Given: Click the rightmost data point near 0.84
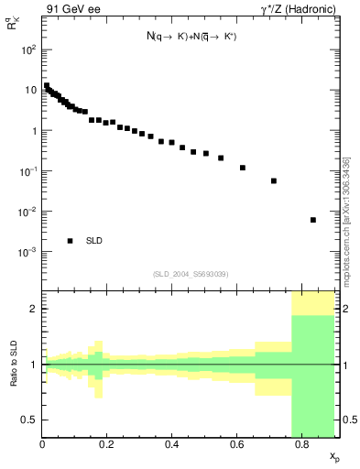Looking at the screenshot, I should click(x=313, y=220).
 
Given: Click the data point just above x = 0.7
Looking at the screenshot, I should click(x=274, y=181).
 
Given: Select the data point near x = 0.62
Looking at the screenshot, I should click(x=243, y=168).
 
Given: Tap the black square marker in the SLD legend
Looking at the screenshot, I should click(x=71, y=241).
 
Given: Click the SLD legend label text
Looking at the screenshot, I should click(x=93, y=241).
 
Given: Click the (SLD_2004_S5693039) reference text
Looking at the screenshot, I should click(x=191, y=275).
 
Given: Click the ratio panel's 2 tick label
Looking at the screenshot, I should click(x=34, y=309).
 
